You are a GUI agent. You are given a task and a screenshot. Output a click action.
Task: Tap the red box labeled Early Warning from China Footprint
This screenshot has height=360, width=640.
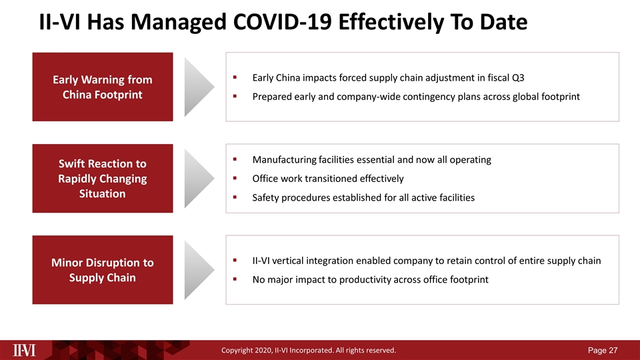click(x=103, y=87)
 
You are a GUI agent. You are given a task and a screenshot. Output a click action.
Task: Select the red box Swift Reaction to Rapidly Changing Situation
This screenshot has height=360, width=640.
click(x=103, y=178)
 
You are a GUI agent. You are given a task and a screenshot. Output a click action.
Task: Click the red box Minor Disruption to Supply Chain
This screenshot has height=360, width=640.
click(x=103, y=269)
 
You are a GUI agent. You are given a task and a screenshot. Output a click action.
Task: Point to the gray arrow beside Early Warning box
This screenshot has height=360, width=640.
click(x=199, y=87)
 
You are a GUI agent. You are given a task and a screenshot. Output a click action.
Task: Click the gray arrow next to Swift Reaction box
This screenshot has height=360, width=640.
click(x=199, y=178)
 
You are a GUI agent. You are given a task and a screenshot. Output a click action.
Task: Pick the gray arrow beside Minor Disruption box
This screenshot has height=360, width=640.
click(x=199, y=269)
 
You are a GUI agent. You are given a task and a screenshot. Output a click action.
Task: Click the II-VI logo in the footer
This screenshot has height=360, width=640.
click(x=25, y=350)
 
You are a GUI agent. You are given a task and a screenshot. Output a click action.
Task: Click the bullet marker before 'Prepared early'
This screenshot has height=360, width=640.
click(x=236, y=97)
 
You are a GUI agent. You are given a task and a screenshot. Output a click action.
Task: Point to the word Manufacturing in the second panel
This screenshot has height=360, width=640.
click(x=282, y=160)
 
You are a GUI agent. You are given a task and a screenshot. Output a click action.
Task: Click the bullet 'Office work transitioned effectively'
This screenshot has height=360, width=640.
click(x=327, y=179)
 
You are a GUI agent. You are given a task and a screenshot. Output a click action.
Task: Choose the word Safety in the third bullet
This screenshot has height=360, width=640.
click(x=266, y=198)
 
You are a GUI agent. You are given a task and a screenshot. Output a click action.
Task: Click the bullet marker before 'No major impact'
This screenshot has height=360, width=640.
click(x=236, y=279)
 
